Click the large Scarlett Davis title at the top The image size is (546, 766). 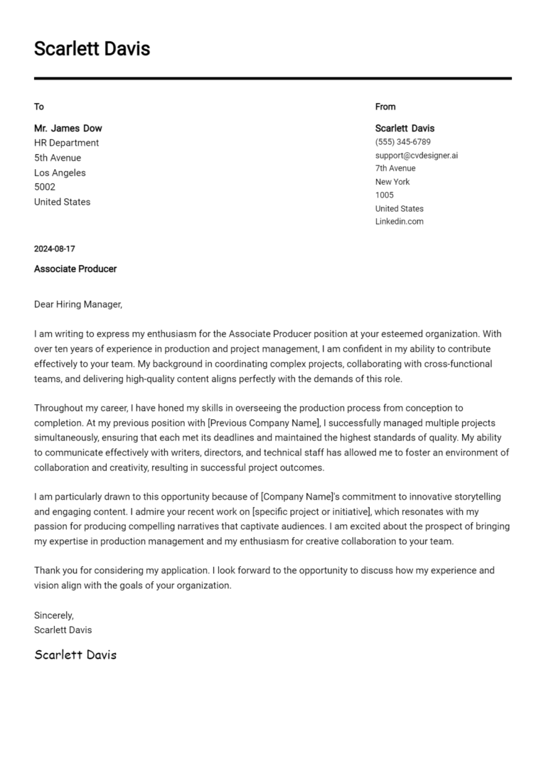point(92,49)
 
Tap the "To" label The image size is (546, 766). point(39,107)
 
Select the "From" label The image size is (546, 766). point(385,107)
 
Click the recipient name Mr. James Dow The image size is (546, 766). point(68,129)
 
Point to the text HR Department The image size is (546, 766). point(66,143)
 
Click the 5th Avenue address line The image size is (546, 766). point(58,158)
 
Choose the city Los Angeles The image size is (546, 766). point(60,173)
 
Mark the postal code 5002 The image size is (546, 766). point(45,187)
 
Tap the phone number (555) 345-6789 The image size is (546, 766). point(402,142)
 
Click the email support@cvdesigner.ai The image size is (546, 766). point(417,155)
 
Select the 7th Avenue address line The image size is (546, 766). point(395,168)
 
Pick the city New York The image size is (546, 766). point(392,182)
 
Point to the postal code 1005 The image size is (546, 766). point(384,195)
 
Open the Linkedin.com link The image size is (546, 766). point(399,221)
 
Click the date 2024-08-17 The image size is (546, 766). point(54,249)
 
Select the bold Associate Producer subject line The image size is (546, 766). point(75,269)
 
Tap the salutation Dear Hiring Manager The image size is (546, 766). point(78,305)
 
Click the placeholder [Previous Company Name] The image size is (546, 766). point(264,423)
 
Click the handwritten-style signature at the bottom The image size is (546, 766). point(75,654)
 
